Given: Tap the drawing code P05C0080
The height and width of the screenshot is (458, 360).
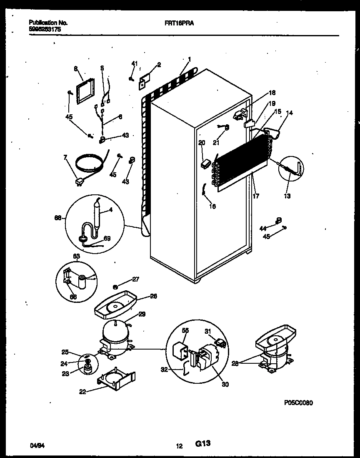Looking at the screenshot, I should click(x=298, y=403).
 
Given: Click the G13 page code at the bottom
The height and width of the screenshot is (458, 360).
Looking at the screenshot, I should click(x=202, y=445).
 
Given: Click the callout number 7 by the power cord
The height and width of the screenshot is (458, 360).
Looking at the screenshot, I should click(x=65, y=158).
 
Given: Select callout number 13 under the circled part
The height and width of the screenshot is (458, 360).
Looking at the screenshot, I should click(x=287, y=196).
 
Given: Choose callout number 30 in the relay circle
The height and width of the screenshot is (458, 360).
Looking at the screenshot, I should click(x=225, y=384).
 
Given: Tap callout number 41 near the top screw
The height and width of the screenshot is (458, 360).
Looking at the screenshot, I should click(x=134, y=63).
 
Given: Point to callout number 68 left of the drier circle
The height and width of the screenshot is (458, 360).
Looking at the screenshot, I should click(x=57, y=217).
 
